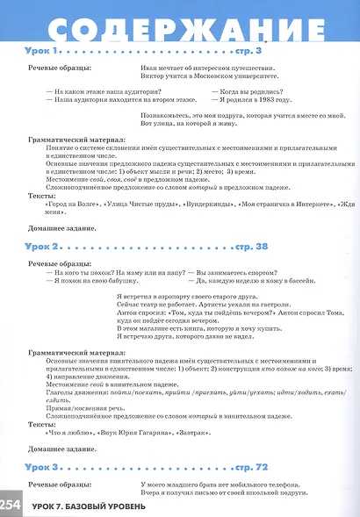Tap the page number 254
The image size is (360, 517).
point(11,506)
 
